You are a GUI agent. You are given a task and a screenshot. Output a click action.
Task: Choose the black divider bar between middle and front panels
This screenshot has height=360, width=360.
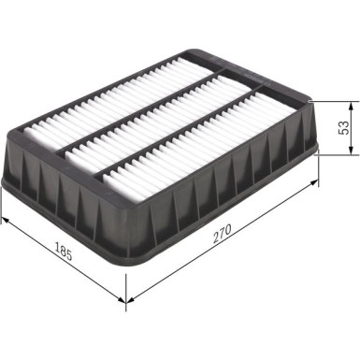click(178, 131)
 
